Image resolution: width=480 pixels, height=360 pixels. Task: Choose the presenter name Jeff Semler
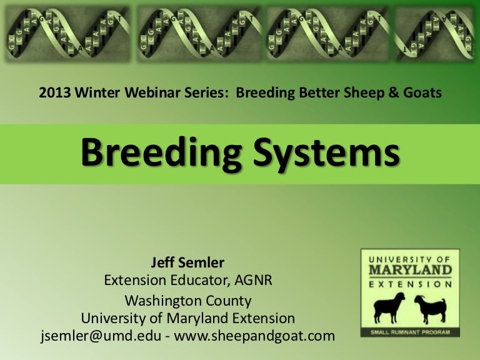click(187, 263)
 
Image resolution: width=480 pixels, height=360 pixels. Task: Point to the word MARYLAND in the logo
click(410, 271)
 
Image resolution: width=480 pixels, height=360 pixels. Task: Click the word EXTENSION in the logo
click(410, 284)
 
